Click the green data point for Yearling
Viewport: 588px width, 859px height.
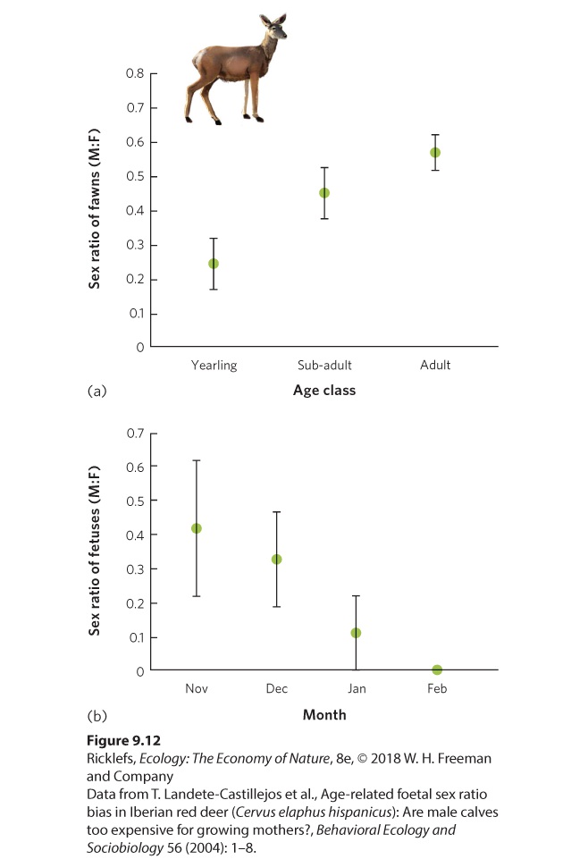click(x=214, y=264)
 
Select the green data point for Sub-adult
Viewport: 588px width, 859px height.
click(x=324, y=193)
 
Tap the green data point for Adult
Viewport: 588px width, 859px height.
click(x=434, y=152)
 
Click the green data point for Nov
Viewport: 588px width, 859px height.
click(x=197, y=528)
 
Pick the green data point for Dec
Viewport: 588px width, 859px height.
click(x=276, y=560)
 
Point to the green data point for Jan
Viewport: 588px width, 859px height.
click(x=356, y=633)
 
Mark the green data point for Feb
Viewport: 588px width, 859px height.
click(x=437, y=670)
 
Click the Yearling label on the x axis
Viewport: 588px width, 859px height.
click(x=214, y=366)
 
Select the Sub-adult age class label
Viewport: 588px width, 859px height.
click(x=324, y=365)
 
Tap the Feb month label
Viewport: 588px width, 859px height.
click(x=437, y=688)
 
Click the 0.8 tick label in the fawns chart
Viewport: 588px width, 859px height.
click(x=135, y=73)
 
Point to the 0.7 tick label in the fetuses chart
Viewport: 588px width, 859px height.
click(x=135, y=434)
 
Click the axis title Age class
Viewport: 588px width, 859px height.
click(x=324, y=390)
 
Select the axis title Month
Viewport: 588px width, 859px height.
click(x=324, y=715)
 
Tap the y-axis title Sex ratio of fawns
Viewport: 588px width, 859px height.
click(x=94, y=208)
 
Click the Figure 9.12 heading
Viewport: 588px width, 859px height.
click(x=123, y=741)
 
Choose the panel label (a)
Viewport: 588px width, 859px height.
click(x=97, y=391)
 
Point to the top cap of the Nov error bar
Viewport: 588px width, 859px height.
click(x=197, y=460)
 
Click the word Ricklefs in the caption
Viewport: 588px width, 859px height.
click(x=110, y=759)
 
